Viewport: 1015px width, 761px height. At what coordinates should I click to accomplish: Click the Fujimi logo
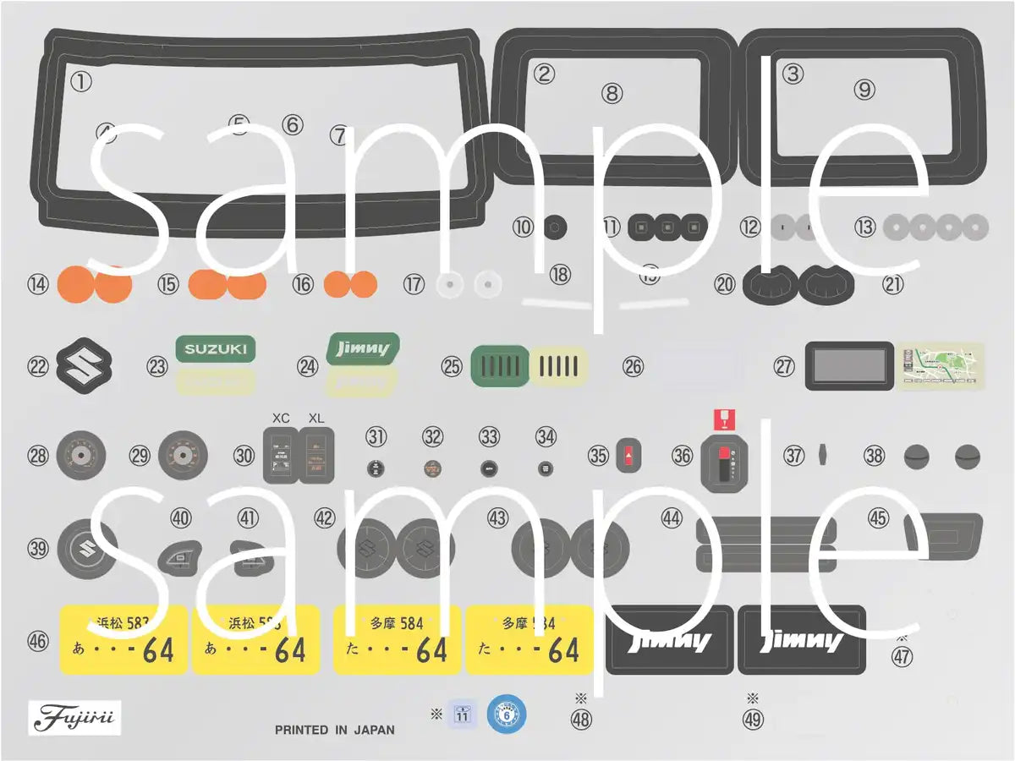click(74, 718)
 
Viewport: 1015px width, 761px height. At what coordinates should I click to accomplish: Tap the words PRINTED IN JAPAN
click(334, 730)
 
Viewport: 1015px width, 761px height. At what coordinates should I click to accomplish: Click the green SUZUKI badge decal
click(216, 348)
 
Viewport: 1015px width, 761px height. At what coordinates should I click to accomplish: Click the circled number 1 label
click(80, 81)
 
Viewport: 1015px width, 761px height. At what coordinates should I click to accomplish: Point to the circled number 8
click(612, 93)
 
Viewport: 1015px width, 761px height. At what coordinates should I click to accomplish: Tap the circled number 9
click(864, 89)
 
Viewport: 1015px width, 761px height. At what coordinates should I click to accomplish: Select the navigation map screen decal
click(941, 366)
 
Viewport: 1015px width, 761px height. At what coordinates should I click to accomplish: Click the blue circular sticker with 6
click(506, 714)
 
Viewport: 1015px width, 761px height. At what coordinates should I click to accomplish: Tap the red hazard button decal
click(625, 455)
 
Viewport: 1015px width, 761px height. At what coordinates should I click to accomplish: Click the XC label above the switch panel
click(281, 418)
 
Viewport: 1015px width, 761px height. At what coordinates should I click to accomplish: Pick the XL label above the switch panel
click(316, 418)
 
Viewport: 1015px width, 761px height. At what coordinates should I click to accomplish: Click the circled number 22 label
click(38, 367)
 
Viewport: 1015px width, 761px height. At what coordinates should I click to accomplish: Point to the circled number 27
click(784, 366)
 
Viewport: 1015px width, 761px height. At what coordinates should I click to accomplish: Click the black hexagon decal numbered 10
click(554, 227)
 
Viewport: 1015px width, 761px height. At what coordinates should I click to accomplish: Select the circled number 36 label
click(682, 455)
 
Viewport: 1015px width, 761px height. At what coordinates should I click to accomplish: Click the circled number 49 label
click(752, 720)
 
